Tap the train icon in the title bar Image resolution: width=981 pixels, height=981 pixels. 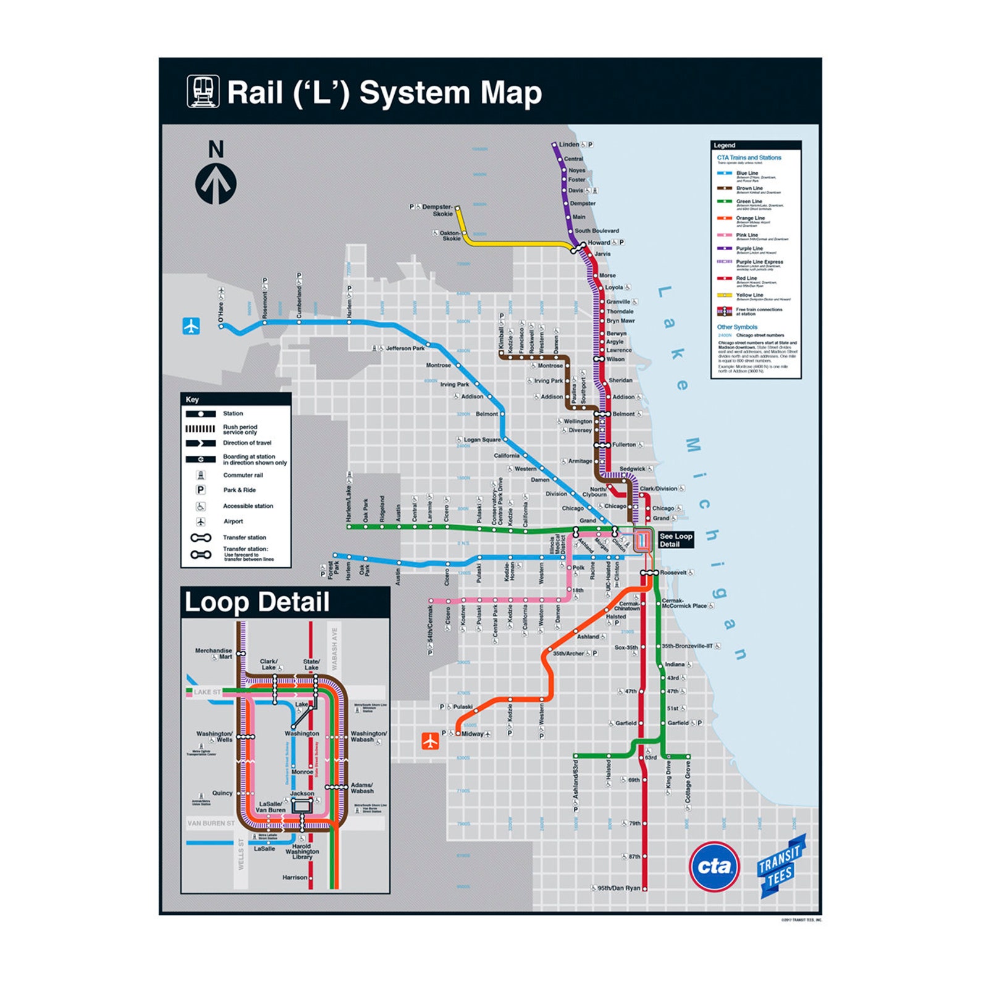(x=203, y=92)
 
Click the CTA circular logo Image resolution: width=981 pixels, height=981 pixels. (x=714, y=866)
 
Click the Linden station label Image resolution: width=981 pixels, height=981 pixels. (x=569, y=145)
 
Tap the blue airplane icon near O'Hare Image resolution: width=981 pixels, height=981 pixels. (x=192, y=326)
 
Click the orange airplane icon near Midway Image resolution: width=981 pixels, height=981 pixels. (x=431, y=741)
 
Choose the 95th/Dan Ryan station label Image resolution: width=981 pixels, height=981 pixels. (x=618, y=888)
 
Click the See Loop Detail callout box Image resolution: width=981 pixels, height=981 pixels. (x=675, y=540)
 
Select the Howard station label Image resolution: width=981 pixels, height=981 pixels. (x=599, y=243)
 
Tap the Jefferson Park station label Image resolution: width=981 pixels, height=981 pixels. (x=405, y=348)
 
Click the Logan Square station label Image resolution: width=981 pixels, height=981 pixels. (x=482, y=440)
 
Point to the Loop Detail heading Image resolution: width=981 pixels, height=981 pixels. (x=257, y=602)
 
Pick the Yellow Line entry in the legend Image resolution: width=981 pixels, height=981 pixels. (x=750, y=295)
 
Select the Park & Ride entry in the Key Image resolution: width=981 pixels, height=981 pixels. (x=239, y=490)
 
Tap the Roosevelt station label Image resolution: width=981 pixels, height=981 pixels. (x=673, y=573)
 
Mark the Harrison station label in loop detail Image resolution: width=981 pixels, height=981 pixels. (x=295, y=877)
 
